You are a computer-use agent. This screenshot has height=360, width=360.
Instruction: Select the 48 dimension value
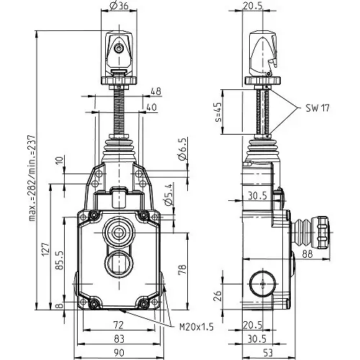click(x=156, y=91)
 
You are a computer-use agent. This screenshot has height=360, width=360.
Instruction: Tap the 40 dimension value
click(x=150, y=107)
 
